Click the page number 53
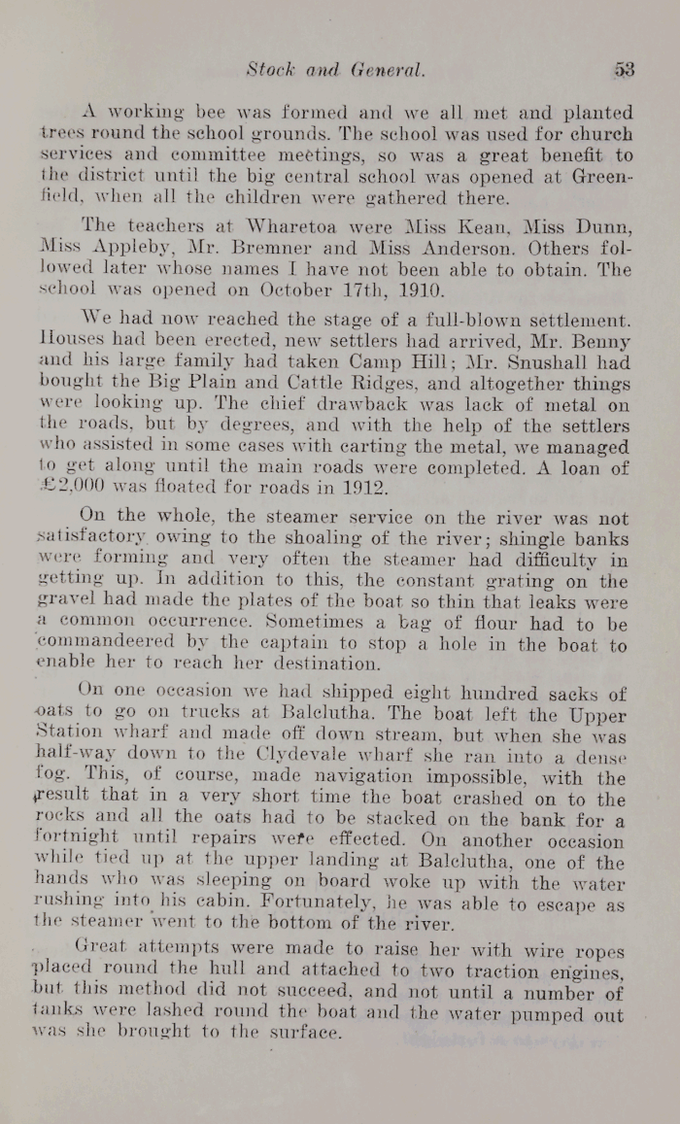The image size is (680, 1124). pyautogui.click(x=624, y=70)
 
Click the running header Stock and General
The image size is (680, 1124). pyautogui.click(x=335, y=70)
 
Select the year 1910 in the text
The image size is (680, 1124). pyautogui.click(x=416, y=290)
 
